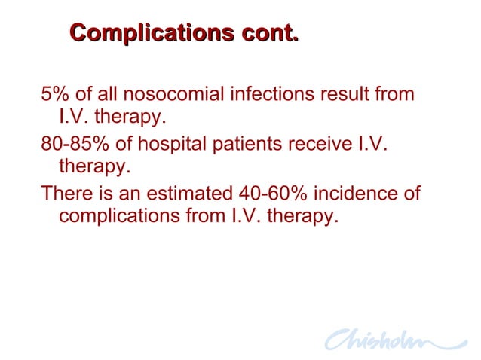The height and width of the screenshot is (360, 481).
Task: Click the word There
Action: [x=65, y=194]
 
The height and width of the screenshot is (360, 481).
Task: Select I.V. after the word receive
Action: [x=370, y=145]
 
